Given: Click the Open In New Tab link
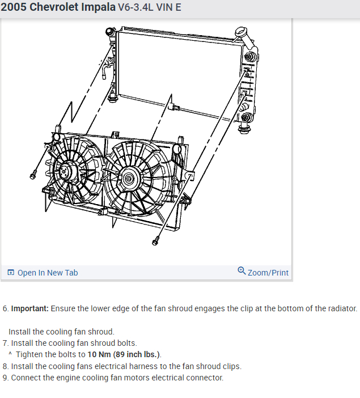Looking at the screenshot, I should [x=48, y=273].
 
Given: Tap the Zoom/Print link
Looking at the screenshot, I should [x=268, y=273].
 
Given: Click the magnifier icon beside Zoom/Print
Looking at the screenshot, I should [x=242, y=271].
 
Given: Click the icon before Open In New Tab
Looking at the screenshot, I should [x=11, y=273].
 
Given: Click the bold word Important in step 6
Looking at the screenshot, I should [x=29, y=309].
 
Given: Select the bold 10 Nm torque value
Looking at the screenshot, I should [x=99, y=354].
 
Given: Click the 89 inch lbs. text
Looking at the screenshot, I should [x=136, y=354].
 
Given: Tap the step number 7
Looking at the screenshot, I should [x=6, y=343].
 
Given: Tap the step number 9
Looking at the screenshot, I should [x=6, y=378].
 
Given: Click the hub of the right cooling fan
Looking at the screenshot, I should [x=129, y=179].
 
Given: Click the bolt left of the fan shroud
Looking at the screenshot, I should [x=33, y=175].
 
